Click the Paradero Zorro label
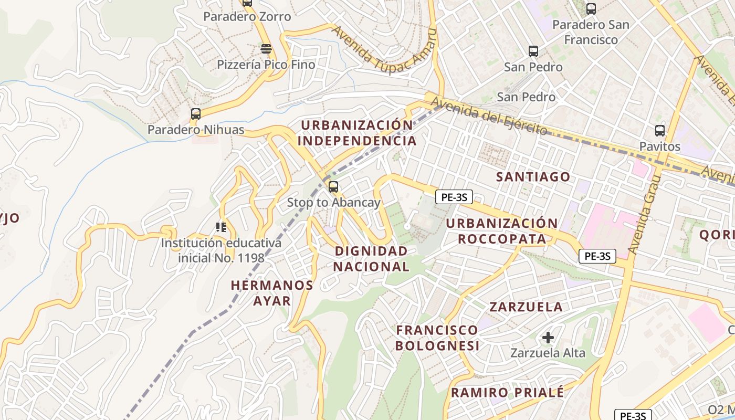click(x=247, y=17)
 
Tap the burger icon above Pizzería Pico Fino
click(x=266, y=49)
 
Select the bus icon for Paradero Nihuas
click(x=196, y=113)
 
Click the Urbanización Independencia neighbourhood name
click(x=357, y=133)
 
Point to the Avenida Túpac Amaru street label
click(x=385, y=49)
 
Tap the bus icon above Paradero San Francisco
click(x=591, y=8)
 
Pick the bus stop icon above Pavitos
click(x=659, y=131)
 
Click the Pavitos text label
click(x=659, y=146)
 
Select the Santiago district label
click(x=533, y=177)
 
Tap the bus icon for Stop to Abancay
click(x=333, y=186)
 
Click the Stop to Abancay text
click(x=333, y=202)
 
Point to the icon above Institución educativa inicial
click(x=220, y=227)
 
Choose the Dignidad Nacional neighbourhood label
click(x=371, y=259)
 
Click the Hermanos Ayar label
click(x=272, y=292)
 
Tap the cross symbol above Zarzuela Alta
click(x=548, y=337)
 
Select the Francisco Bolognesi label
click(x=437, y=338)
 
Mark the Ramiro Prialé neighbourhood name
click(x=507, y=392)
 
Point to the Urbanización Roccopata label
click(x=502, y=231)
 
